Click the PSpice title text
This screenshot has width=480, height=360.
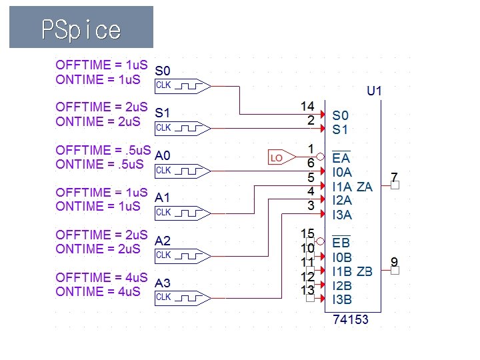(x=81, y=30)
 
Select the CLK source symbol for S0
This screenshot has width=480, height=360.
(x=182, y=85)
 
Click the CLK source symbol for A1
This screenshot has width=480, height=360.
(x=182, y=213)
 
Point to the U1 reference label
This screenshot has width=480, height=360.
(x=375, y=90)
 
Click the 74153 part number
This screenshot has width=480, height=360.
(x=350, y=320)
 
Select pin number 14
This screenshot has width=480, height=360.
(x=307, y=106)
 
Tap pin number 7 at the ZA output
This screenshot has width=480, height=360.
(x=394, y=177)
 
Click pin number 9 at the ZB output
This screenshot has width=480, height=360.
(x=394, y=261)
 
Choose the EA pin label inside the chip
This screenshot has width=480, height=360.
(x=341, y=159)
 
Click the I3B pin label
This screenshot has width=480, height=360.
(x=343, y=299)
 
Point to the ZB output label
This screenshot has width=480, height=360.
(x=365, y=271)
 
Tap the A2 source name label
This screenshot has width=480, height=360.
(x=163, y=241)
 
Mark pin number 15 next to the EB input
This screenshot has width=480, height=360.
(x=307, y=233)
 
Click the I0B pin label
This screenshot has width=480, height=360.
(x=343, y=257)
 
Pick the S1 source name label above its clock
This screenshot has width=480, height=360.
(x=162, y=113)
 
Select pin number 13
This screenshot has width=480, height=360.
(x=307, y=289)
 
